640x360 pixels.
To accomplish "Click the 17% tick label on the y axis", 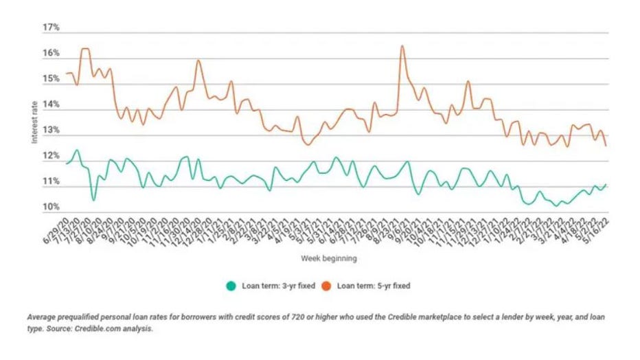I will (x=52, y=27).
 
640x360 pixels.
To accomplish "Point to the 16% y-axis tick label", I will (x=52, y=54).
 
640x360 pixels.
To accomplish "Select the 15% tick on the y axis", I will (x=52, y=80).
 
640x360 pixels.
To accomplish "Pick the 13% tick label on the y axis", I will (x=52, y=131).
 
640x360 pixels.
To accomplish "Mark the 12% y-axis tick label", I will (x=52, y=157).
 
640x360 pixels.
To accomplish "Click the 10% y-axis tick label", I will (x=52, y=207).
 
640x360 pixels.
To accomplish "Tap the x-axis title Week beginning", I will (x=328, y=259).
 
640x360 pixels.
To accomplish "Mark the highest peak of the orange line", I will (x=402, y=46).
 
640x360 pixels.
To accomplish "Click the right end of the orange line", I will (x=605, y=146).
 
